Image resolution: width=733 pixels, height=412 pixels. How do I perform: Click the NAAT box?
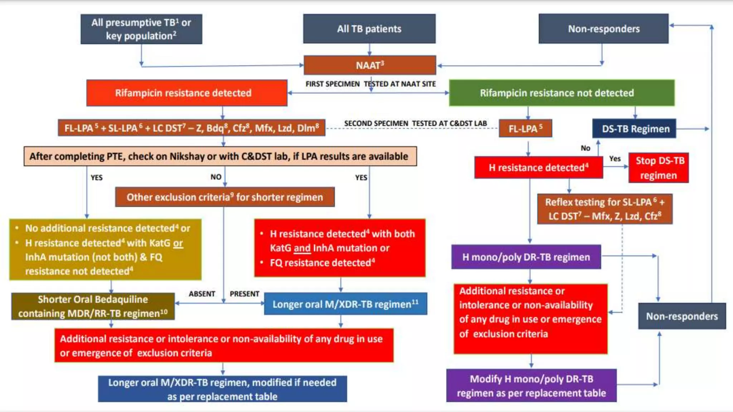370,65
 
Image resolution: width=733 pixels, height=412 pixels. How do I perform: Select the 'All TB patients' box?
369,29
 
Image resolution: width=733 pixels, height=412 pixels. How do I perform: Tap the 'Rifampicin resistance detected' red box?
186,93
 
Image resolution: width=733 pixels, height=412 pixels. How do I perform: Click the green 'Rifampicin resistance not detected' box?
562,93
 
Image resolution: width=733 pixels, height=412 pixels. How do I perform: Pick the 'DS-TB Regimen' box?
634,129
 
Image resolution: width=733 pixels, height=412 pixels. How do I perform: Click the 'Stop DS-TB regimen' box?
659,168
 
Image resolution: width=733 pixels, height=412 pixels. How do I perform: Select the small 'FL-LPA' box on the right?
525,128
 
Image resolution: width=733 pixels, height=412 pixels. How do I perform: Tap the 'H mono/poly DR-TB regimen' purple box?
526,257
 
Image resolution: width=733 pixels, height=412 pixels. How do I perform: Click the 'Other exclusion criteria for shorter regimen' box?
225,197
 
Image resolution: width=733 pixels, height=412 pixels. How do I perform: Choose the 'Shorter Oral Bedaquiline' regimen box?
93,306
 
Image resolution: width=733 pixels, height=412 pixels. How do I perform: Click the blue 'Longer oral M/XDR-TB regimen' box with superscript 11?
345,304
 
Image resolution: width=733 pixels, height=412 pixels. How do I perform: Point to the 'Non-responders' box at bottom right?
682,316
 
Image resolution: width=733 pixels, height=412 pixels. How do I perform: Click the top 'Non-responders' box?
603,29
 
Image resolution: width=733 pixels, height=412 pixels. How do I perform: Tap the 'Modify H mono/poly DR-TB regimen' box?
531,386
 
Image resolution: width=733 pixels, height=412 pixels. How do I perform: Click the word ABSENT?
202,294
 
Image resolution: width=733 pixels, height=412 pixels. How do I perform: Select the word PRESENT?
244,294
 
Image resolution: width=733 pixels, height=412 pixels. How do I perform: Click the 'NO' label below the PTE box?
216,177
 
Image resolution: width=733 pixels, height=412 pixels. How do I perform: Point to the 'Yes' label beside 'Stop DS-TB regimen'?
615,158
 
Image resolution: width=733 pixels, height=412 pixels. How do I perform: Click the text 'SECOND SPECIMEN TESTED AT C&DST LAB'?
415,123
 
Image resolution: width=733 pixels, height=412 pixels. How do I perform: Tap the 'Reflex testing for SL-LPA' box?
605,209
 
